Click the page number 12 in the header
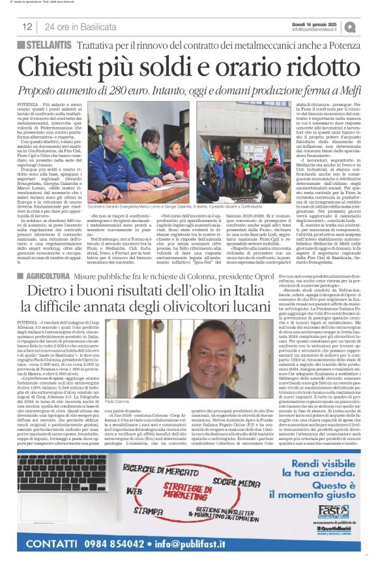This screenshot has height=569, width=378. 27,27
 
